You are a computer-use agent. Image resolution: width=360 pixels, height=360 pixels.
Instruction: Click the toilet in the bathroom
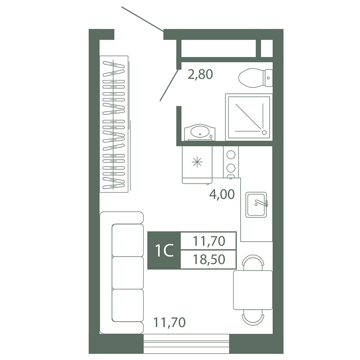click(255, 78)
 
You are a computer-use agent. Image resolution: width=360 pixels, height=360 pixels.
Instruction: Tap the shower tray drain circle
click(264, 132)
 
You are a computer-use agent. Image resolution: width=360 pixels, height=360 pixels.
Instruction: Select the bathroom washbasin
click(200, 132)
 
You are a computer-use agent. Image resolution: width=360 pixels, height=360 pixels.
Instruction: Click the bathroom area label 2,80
click(200, 74)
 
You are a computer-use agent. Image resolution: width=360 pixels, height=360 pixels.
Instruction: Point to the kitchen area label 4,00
click(222, 194)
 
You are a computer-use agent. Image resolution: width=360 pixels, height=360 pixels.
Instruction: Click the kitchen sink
click(256, 205)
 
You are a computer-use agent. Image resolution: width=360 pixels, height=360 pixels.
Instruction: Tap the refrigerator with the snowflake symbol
click(197, 165)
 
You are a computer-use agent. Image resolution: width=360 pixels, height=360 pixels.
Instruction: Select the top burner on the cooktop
click(231, 154)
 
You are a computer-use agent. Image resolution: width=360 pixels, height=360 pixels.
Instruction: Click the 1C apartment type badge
click(164, 251)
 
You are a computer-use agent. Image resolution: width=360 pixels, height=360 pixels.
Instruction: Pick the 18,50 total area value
click(209, 260)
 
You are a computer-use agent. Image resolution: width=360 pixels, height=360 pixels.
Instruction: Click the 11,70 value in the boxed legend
click(209, 241)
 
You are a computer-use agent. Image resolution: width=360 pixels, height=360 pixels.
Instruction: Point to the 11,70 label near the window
click(169, 322)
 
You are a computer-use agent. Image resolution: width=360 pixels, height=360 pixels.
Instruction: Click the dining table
click(253, 290)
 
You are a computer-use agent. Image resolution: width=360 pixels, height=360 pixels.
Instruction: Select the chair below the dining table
click(253, 318)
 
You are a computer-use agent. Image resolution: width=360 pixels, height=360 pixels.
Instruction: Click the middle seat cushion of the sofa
click(128, 273)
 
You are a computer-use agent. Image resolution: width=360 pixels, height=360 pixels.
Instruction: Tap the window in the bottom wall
click(186, 344)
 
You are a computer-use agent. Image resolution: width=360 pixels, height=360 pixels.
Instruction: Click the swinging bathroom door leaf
click(169, 85)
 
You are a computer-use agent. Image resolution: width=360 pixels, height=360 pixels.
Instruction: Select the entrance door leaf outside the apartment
click(143, 19)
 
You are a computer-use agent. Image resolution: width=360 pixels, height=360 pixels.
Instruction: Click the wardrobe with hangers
click(114, 124)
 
